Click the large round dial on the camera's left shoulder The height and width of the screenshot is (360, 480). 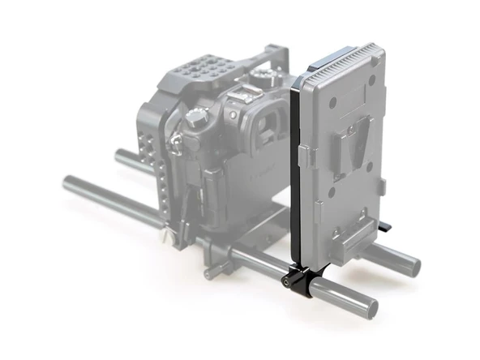click(x=195, y=118)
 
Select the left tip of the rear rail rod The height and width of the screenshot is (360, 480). click(x=120, y=154)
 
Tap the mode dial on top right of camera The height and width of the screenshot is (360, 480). click(x=264, y=75)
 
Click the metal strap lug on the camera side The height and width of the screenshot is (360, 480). click(x=174, y=145)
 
